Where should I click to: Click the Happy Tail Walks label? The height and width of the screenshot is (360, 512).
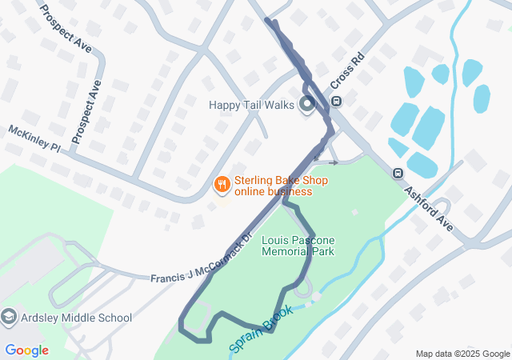point(252,105)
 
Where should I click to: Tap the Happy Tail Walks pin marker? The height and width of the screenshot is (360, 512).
point(306,105)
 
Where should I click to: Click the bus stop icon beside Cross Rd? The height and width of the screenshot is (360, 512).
point(336,102)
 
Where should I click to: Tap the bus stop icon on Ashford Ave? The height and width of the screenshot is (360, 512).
point(398,173)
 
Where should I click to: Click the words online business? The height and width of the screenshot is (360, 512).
point(273,192)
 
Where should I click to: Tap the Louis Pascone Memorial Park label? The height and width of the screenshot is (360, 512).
point(298,246)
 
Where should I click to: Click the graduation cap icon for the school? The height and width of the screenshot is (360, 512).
point(9,318)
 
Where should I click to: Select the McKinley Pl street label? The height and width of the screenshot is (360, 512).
point(34,138)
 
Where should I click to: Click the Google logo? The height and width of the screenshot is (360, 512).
point(26,350)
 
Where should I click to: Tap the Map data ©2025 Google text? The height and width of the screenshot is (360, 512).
point(462,354)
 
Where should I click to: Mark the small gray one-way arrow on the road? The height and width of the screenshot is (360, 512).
point(333,162)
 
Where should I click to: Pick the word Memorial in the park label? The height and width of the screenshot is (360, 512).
point(287,251)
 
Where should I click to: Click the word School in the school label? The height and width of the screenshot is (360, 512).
point(115,318)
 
